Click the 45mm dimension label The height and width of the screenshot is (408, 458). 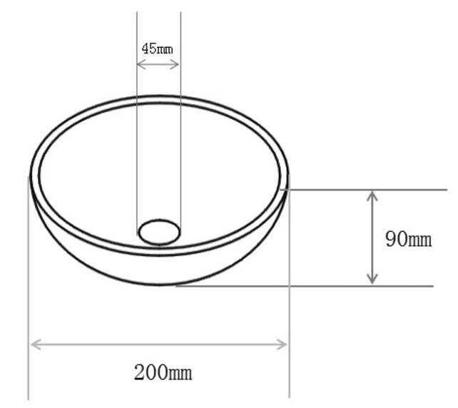click(x=158, y=49)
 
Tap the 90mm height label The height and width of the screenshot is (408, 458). click(x=408, y=239)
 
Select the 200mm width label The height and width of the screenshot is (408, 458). click(x=163, y=372)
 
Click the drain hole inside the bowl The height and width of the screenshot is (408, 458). click(x=159, y=231)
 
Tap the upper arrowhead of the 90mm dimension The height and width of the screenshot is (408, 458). click(x=372, y=195)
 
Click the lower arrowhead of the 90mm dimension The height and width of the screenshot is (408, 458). click(x=372, y=280)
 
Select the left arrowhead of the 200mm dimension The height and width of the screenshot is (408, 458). click(x=34, y=345)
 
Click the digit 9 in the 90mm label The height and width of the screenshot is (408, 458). click(x=391, y=239)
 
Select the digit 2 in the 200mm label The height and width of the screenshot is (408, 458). click(x=139, y=372)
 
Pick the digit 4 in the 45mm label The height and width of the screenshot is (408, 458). click(x=145, y=49)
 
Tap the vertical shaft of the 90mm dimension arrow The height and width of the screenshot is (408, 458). click(x=372, y=238)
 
